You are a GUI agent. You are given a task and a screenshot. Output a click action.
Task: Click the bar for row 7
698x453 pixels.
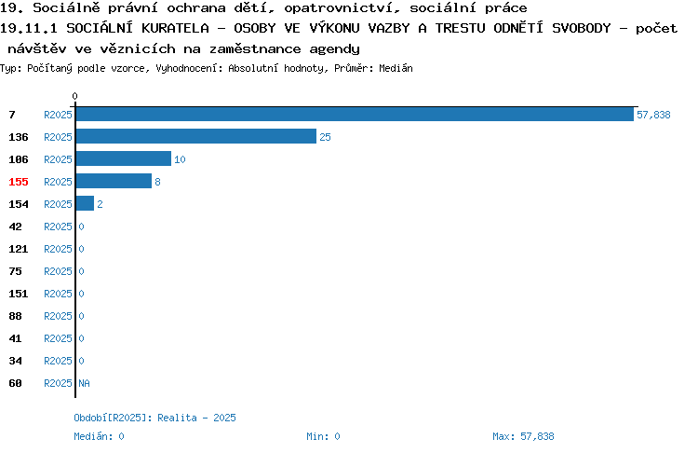(355, 115)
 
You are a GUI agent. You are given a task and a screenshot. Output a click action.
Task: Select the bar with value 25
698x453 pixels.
(196, 136)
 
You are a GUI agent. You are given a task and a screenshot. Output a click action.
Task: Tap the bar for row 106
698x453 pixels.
(124, 158)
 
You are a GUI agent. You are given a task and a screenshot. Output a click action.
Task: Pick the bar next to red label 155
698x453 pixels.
(114, 181)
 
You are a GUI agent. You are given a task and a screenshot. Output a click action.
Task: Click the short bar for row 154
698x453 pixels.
(85, 203)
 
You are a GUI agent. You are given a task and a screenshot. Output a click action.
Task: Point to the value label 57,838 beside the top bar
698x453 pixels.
(653, 115)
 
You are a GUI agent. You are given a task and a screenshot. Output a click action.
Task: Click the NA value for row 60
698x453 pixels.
(84, 383)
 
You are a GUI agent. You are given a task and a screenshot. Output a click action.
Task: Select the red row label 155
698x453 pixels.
(19, 182)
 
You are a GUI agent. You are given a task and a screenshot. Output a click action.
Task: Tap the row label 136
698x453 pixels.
(19, 137)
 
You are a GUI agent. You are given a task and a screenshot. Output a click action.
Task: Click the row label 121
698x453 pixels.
(19, 249)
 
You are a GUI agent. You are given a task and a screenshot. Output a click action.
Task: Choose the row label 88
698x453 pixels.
(15, 316)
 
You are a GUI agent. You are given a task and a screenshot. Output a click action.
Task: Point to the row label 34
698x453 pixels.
(15, 361)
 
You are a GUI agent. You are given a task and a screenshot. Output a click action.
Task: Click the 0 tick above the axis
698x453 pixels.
(74, 96)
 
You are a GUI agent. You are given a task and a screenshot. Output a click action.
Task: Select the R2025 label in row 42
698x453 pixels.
(58, 226)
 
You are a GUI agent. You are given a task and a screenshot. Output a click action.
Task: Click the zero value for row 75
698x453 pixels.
(82, 271)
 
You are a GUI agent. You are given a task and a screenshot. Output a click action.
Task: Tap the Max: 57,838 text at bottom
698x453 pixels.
(523, 436)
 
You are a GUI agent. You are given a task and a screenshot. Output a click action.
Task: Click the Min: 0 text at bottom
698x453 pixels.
(323, 436)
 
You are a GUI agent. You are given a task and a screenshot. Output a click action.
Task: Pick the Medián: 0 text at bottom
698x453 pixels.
(99, 436)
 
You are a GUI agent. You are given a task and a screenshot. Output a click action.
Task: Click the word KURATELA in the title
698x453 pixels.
(175, 28)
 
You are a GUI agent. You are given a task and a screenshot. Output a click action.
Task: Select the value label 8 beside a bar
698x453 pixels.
(157, 182)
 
